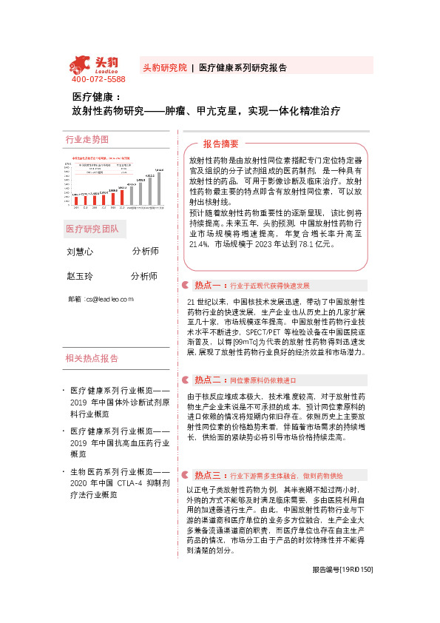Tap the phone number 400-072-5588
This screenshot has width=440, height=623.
[x=98, y=79]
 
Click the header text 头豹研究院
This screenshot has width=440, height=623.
[x=164, y=67]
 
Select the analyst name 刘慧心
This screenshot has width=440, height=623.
[x=80, y=252]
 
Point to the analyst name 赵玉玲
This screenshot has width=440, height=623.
[x=80, y=276]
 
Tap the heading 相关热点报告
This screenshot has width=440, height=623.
[x=92, y=359]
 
